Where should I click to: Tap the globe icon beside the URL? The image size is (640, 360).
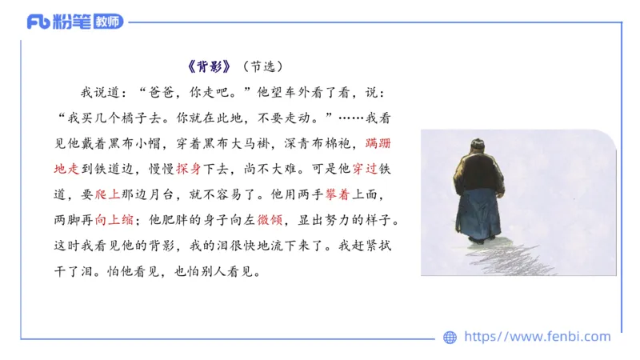[x=450, y=338]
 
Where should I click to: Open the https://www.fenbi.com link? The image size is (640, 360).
[x=537, y=337]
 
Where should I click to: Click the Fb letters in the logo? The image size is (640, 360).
[x=38, y=22]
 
